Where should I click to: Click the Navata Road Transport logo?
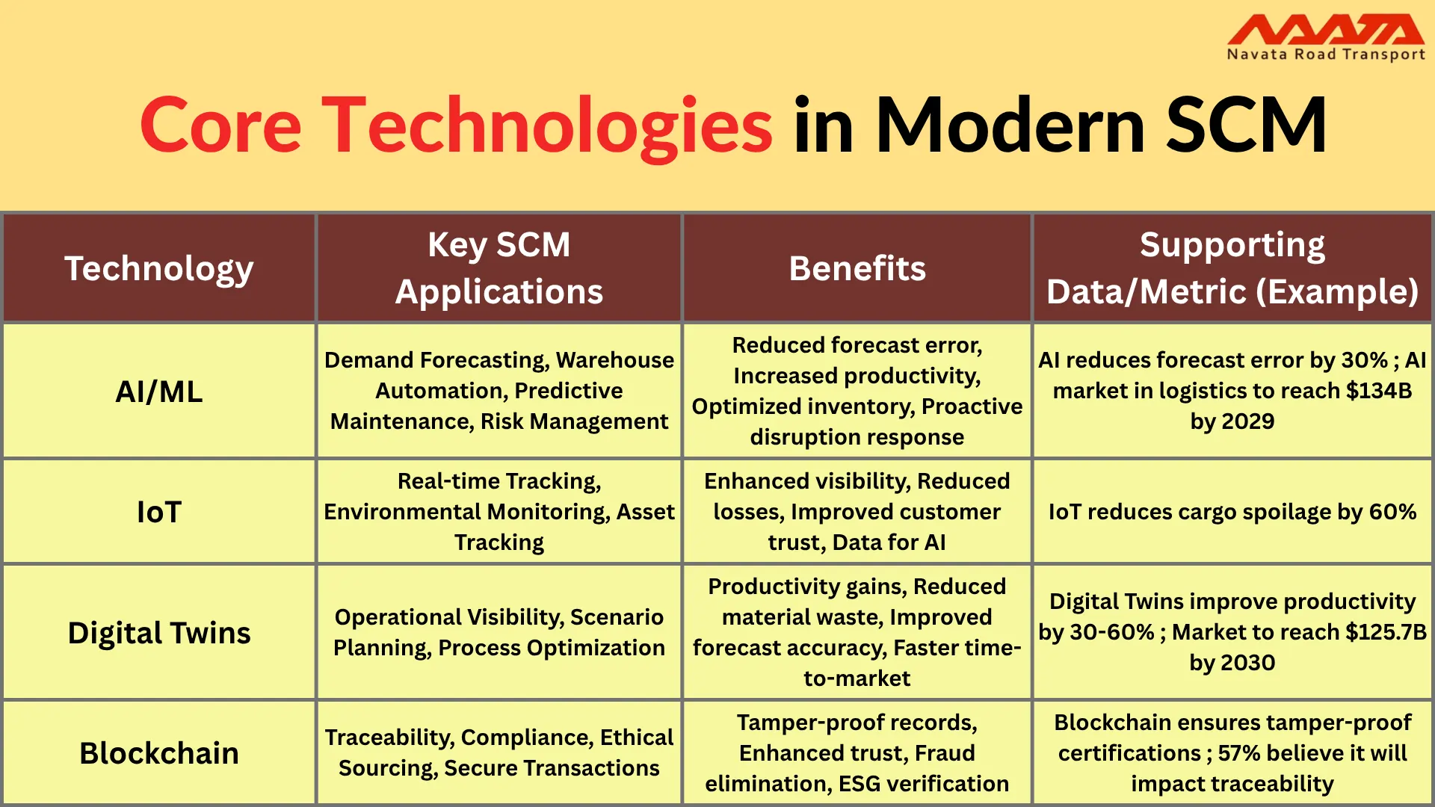[1325, 37]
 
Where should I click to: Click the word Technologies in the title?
[547, 126]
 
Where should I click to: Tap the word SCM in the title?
[1246, 126]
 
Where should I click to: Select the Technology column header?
[159, 268]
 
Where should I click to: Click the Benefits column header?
[857, 268]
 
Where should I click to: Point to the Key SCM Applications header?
[499, 268]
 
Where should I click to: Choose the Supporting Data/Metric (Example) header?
[1232, 268]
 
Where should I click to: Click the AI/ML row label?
[159, 392]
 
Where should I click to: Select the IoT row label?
[159, 512]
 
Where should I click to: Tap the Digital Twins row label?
[159, 633]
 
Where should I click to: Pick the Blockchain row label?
[159, 753]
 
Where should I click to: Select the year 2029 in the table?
[1247, 421]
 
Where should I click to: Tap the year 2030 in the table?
[1247, 663]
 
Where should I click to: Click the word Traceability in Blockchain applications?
[389, 738]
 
